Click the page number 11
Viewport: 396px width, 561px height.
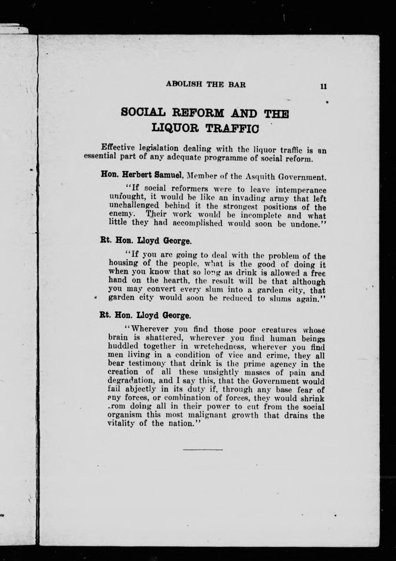pyautogui.click(x=324, y=86)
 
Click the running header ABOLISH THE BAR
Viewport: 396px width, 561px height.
pyautogui.click(x=206, y=84)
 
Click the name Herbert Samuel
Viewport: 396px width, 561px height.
pyautogui.click(x=152, y=175)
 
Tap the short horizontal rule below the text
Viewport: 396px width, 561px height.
pyautogui.click(x=203, y=449)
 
